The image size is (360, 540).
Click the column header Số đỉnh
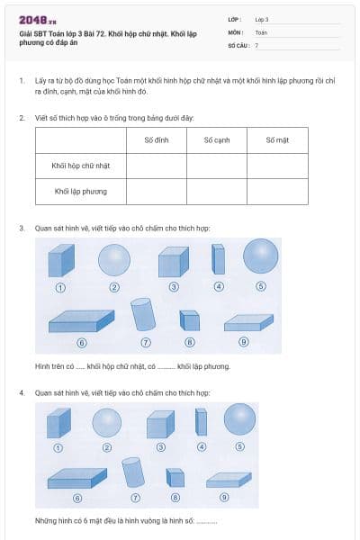point(156,139)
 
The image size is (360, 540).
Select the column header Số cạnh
point(217,139)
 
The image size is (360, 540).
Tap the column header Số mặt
point(277,139)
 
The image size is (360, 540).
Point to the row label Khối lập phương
point(80,191)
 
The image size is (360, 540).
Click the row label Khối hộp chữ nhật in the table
point(80,166)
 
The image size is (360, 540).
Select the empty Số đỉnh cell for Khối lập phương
point(156,191)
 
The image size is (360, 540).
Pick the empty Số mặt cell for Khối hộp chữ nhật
point(277,166)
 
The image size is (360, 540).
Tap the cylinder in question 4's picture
point(132,472)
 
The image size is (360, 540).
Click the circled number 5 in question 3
point(261,288)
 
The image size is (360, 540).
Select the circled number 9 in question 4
point(224,498)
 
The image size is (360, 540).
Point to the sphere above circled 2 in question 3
point(114,261)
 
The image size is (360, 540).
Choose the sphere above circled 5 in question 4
point(239,418)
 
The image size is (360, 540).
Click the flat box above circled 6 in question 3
point(82,320)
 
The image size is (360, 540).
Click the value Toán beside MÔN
point(261,31)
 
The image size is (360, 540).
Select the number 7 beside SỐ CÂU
point(256,44)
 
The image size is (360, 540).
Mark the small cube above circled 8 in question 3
point(189,320)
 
